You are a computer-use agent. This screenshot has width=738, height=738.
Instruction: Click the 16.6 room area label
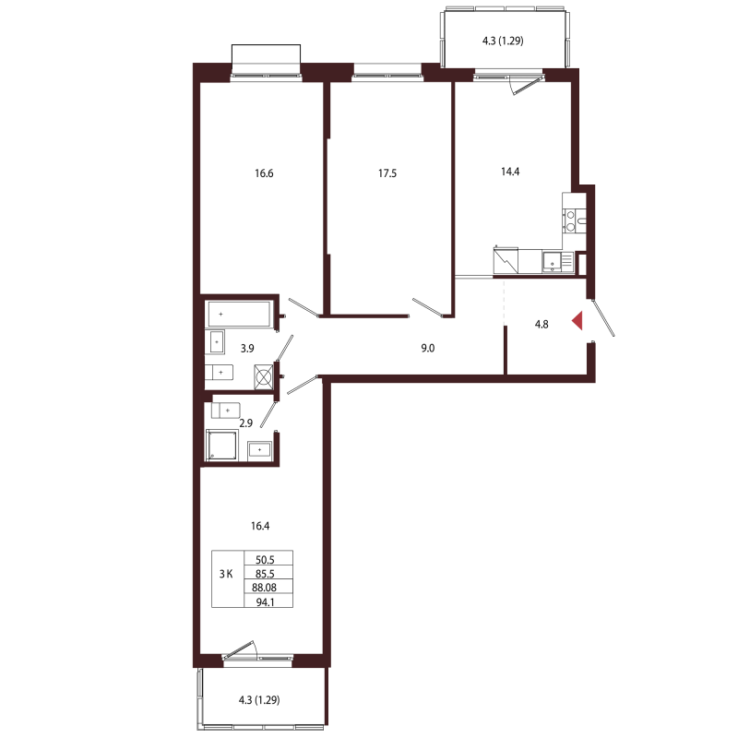[x=264, y=173]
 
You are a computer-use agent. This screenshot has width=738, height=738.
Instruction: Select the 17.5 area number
[x=387, y=173]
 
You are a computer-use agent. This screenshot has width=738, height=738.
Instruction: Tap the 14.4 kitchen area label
[x=510, y=172]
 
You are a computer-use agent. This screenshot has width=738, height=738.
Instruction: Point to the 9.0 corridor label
[x=428, y=349]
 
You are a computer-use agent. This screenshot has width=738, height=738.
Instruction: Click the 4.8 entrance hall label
[x=542, y=324]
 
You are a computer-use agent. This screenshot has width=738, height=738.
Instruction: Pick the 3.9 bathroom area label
[x=247, y=349]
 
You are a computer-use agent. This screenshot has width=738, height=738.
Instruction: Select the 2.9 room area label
[x=245, y=423]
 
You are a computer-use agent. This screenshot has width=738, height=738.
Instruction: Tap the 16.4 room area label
[x=260, y=526]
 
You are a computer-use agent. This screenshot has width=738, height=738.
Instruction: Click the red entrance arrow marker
[x=577, y=320]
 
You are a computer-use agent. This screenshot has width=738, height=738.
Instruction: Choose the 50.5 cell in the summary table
[x=265, y=560]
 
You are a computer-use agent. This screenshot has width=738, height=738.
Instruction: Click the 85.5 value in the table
[x=265, y=574]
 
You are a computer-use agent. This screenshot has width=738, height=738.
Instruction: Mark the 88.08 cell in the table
[x=265, y=588]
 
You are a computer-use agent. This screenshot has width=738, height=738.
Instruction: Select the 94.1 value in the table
[x=266, y=601]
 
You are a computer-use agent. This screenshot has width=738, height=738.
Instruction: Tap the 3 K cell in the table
[x=226, y=574]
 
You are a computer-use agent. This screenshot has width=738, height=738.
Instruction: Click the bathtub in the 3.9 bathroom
[x=238, y=314]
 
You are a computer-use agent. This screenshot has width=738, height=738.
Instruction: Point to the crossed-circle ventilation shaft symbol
[x=264, y=377]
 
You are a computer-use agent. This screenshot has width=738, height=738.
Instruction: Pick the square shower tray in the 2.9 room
[x=222, y=445]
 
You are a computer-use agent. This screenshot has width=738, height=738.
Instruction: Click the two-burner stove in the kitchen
[x=570, y=221]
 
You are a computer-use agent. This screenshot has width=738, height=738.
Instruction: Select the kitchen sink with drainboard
[x=557, y=262]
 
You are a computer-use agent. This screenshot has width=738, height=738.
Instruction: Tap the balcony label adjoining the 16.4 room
[x=259, y=700]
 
